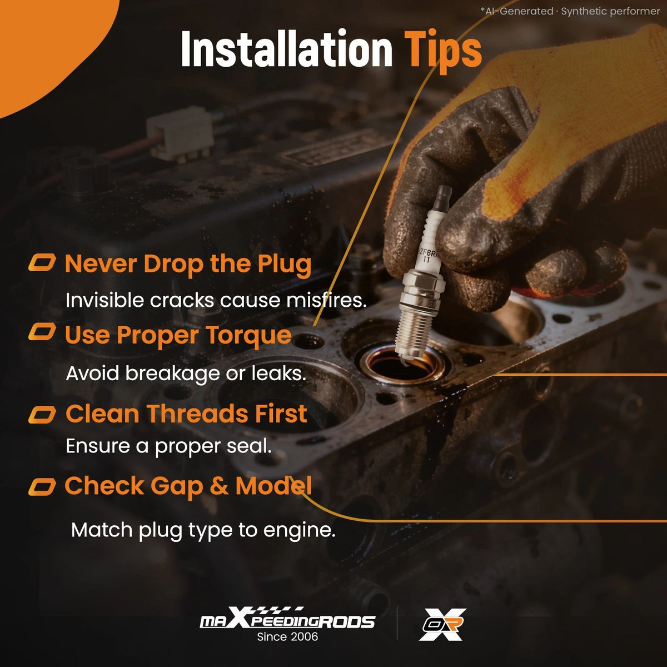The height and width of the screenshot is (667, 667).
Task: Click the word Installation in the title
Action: [287, 48]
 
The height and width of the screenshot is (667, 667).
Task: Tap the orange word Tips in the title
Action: [443, 52]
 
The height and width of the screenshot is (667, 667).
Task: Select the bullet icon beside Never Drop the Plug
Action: [42, 263]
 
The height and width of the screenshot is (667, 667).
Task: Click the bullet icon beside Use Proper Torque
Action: [42, 332]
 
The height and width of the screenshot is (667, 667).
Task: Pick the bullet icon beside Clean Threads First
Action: [42, 415]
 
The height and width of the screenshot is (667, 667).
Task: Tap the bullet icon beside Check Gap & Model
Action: [42, 487]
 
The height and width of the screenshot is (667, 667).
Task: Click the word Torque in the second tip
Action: [248, 336]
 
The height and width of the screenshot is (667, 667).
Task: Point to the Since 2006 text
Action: [287, 636]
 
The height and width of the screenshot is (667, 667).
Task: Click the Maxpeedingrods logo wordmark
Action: [287, 620]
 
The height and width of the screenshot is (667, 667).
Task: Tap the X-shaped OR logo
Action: [442, 624]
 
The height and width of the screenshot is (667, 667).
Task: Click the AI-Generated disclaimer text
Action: [570, 12]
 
